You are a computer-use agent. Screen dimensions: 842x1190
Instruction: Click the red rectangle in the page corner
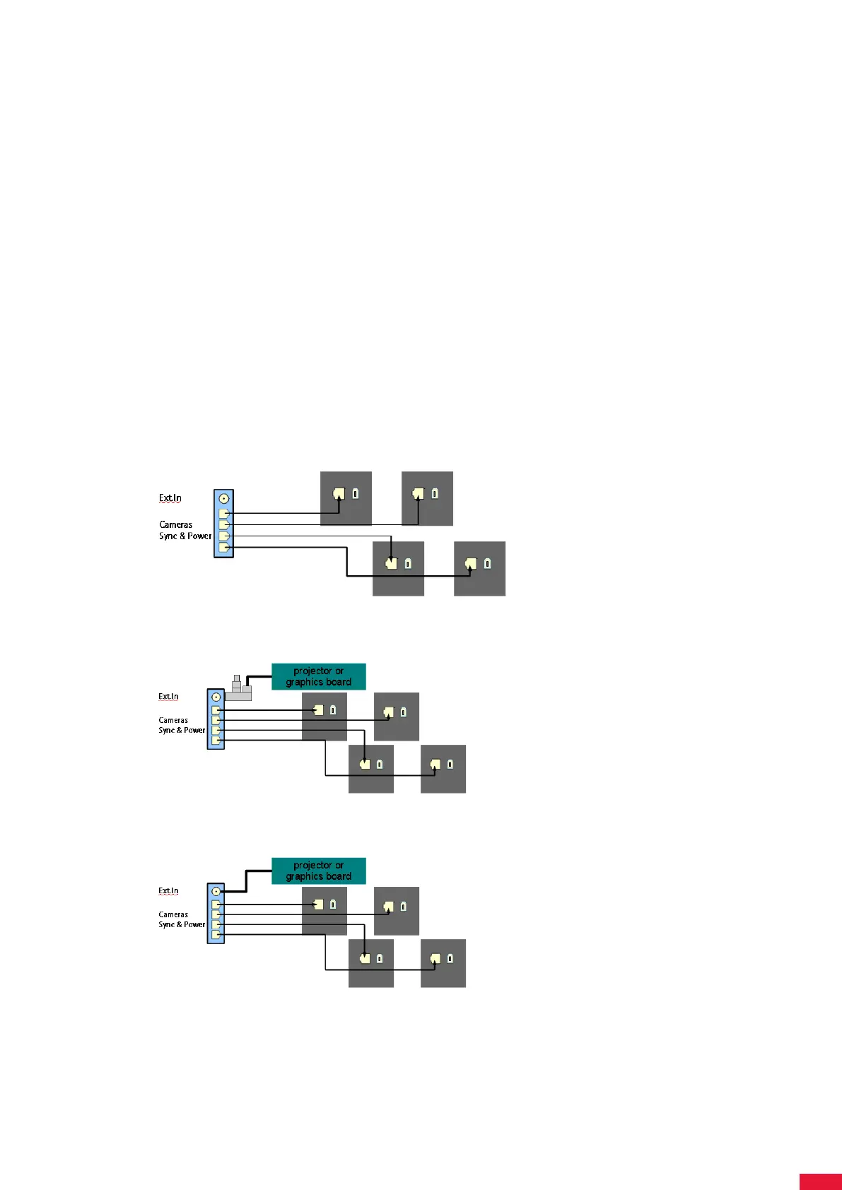tap(820, 1182)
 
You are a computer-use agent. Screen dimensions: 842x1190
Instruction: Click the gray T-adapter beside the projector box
tap(239, 690)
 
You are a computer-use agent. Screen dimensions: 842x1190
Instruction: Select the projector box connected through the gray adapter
tap(318, 676)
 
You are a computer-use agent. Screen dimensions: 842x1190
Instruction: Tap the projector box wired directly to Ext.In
tap(318, 871)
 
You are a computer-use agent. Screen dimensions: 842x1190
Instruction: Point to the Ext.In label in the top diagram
tap(170, 498)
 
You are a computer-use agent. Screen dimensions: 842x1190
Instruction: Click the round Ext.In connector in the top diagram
tap(224, 498)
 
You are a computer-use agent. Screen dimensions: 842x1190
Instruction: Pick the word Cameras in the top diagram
tap(175, 524)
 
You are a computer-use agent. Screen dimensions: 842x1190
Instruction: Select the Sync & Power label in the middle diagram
tap(182, 730)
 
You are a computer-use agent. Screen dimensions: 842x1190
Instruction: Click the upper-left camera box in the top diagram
tap(346, 498)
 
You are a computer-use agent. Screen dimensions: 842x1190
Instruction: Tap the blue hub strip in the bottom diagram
tap(216, 913)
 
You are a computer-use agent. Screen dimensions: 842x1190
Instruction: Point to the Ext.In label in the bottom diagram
tap(168, 891)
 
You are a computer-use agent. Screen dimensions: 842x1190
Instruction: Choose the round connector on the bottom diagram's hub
tap(216, 891)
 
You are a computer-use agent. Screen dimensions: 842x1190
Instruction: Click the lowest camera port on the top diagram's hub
tap(223, 547)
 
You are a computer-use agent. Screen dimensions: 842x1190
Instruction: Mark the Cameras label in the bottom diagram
tap(173, 914)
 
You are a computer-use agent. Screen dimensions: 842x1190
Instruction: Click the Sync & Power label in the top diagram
tap(185, 536)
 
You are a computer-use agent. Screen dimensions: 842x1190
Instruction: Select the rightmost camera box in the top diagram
tap(479, 569)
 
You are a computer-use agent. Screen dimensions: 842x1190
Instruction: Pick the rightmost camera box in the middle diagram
tap(443, 769)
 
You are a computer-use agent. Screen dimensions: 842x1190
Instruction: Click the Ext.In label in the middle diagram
tap(168, 697)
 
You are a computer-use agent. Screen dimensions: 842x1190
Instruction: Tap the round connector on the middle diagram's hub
tap(216, 697)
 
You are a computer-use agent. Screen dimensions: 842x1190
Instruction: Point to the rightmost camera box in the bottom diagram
tap(443, 963)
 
